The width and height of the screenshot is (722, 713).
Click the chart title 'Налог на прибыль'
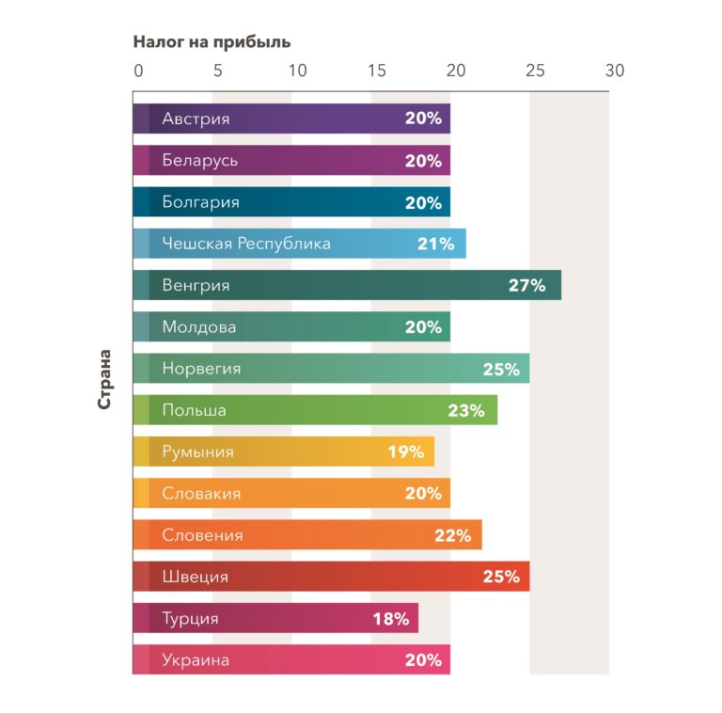[212, 41]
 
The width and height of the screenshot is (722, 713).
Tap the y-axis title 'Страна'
[105, 379]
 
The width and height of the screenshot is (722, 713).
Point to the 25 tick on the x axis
[535, 71]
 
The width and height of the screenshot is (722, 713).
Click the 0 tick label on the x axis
[138, 71]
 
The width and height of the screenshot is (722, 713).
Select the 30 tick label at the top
[615, 71]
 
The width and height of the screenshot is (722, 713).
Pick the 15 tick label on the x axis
[377, 71]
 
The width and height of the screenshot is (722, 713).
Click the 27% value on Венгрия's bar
[526, 286]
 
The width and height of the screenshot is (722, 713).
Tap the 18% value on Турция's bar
[390, 619]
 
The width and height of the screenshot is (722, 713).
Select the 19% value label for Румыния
[406, 452]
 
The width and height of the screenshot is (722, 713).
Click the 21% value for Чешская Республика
[435, 245]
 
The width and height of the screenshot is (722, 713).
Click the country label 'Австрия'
[196, 119]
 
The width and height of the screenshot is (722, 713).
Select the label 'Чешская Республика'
[246, 245]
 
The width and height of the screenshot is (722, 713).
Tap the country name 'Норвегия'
[201, 370]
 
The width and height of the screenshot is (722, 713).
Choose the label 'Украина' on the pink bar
[196, 660]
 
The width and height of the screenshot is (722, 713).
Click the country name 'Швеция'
[195, 578]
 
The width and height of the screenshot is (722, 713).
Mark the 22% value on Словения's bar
[452, 536]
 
